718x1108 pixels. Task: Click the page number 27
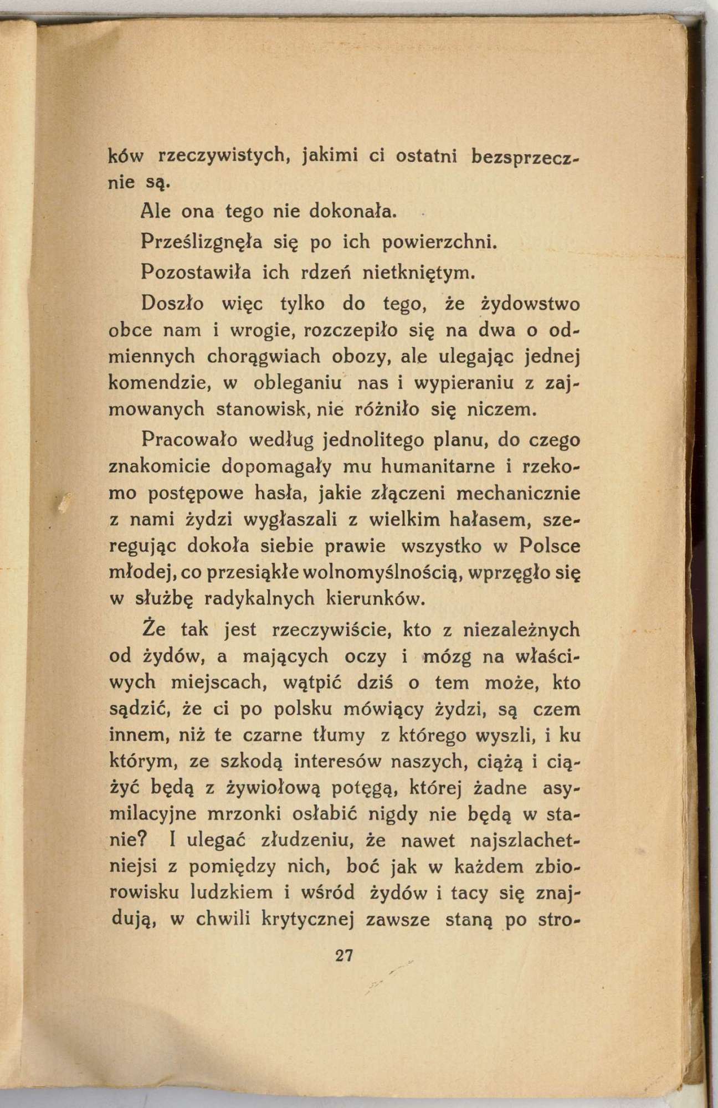tap(344, 956)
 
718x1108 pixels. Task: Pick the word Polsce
tap(551, 546)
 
